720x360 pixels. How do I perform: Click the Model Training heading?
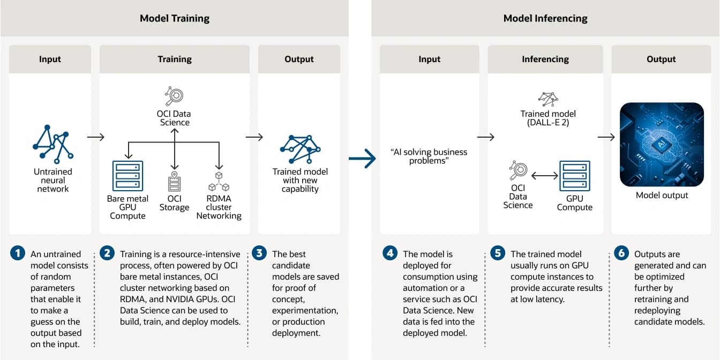(x=175, y=18)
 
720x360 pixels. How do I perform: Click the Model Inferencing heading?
(x=545, y=18)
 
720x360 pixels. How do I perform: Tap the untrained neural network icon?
(x=53, y=144)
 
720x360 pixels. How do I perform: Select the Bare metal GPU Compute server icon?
(x=127, y=176)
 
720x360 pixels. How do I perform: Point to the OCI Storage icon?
(x=174, y=182)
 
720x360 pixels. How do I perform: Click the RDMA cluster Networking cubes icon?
(x=219, y=182)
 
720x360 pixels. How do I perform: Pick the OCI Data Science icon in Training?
(x=174, y=96)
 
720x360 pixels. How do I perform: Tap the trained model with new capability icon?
(x=300, y=149)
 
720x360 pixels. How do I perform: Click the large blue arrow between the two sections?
(x=362, y=158)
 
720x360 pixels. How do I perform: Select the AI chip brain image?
(x=662, y=144)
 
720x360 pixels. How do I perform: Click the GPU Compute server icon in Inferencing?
(x=575, y=176)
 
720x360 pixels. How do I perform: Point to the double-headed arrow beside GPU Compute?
(x=544, y=176)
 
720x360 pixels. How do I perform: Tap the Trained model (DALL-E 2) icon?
(x=548, y=99)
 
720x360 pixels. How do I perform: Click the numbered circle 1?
(x=18, y=253)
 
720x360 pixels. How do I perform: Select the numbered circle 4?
(x=390, y=253)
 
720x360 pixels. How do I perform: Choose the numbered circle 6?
(x=621, y=253)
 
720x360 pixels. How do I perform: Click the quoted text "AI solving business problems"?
(x=429, y=156)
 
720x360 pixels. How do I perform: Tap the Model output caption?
(x=662, y=195)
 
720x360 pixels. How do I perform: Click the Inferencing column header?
(x=545, y=59)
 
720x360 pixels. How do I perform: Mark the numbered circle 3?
(x=259, y=253)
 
